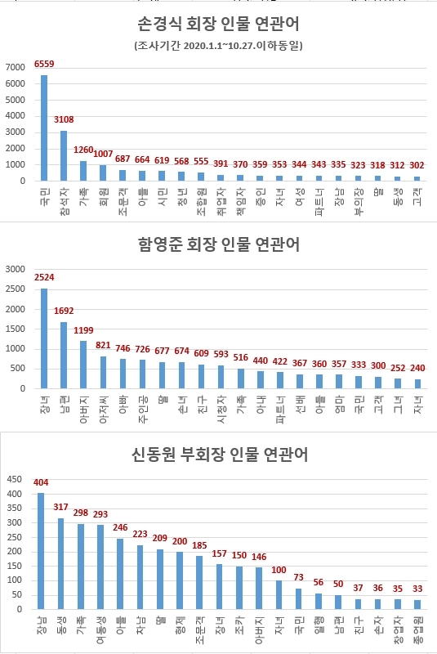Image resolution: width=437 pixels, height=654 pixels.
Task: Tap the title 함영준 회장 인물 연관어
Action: coord(218,243)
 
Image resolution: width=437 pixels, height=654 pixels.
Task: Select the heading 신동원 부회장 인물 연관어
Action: coord(218,455)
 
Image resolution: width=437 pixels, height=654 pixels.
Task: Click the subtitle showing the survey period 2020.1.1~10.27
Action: coord(218,46)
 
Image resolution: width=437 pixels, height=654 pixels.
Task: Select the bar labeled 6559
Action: coord(44,128)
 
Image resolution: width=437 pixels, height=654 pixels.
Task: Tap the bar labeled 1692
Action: coord(64,355)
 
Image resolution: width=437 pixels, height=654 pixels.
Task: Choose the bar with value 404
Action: coord(41,551)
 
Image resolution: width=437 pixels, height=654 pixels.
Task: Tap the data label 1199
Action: coord(84,330)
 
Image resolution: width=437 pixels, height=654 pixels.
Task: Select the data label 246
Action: coord(120,528)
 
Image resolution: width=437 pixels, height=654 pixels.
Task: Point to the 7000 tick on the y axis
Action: coord(16,66)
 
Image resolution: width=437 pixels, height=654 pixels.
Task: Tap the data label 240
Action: coord(417,369)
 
